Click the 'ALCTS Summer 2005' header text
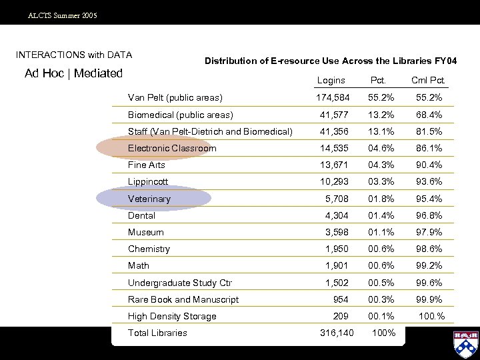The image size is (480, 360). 62,15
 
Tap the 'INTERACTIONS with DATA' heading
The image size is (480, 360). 74,55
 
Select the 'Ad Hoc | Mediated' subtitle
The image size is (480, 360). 74,73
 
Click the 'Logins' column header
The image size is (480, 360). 331,81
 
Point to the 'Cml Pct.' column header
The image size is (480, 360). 427,81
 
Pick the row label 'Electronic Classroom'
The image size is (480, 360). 172,148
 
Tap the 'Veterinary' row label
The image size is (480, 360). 149,199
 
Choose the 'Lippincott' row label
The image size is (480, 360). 148,181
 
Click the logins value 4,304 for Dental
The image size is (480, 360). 337,215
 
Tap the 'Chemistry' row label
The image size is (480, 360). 149,249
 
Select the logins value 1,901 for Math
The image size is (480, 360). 337,265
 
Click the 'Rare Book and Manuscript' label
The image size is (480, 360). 183,299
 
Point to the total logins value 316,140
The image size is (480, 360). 337,333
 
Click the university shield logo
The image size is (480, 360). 465,344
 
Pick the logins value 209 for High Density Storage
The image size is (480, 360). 341,316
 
